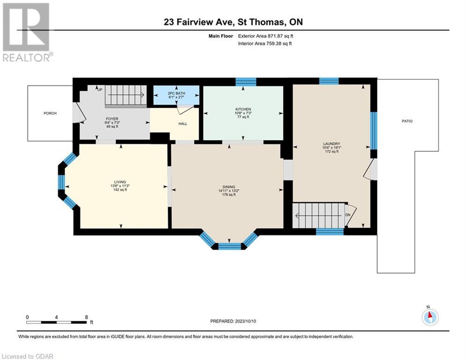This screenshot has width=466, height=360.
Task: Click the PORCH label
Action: (x=50, y=113)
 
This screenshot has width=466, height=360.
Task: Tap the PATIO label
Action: (x=407, y=121)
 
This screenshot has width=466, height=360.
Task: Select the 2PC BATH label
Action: (x=177, y=93)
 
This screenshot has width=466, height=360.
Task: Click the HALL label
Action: (x=183, y=124)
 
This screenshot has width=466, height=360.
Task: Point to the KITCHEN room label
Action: (x=243, y=110)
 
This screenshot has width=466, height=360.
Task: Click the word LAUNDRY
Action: (x=332, y=144)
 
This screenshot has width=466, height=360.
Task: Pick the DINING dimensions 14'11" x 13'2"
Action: (x=229, y=191)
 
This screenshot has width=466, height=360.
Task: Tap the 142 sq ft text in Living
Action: (x=120, y=190)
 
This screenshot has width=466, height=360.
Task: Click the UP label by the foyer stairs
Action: (x=100, y=90)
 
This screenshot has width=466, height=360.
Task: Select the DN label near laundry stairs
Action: (x=348, y=215)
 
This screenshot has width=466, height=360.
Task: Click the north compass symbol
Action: (x=430, y=317)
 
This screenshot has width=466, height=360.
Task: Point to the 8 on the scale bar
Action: (x=87, y=317)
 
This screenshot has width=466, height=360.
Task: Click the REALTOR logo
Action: (x=27, y=32)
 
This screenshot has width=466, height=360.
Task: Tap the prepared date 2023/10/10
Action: (x=245, y=321)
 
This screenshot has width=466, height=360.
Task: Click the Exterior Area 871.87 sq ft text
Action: (x=266, y=36)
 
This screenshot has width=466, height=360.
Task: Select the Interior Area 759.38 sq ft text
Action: (x=265, y=44)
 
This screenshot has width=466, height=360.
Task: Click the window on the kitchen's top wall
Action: (x=246, y=82)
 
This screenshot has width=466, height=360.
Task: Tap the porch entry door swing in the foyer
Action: (x=80, y=112)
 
